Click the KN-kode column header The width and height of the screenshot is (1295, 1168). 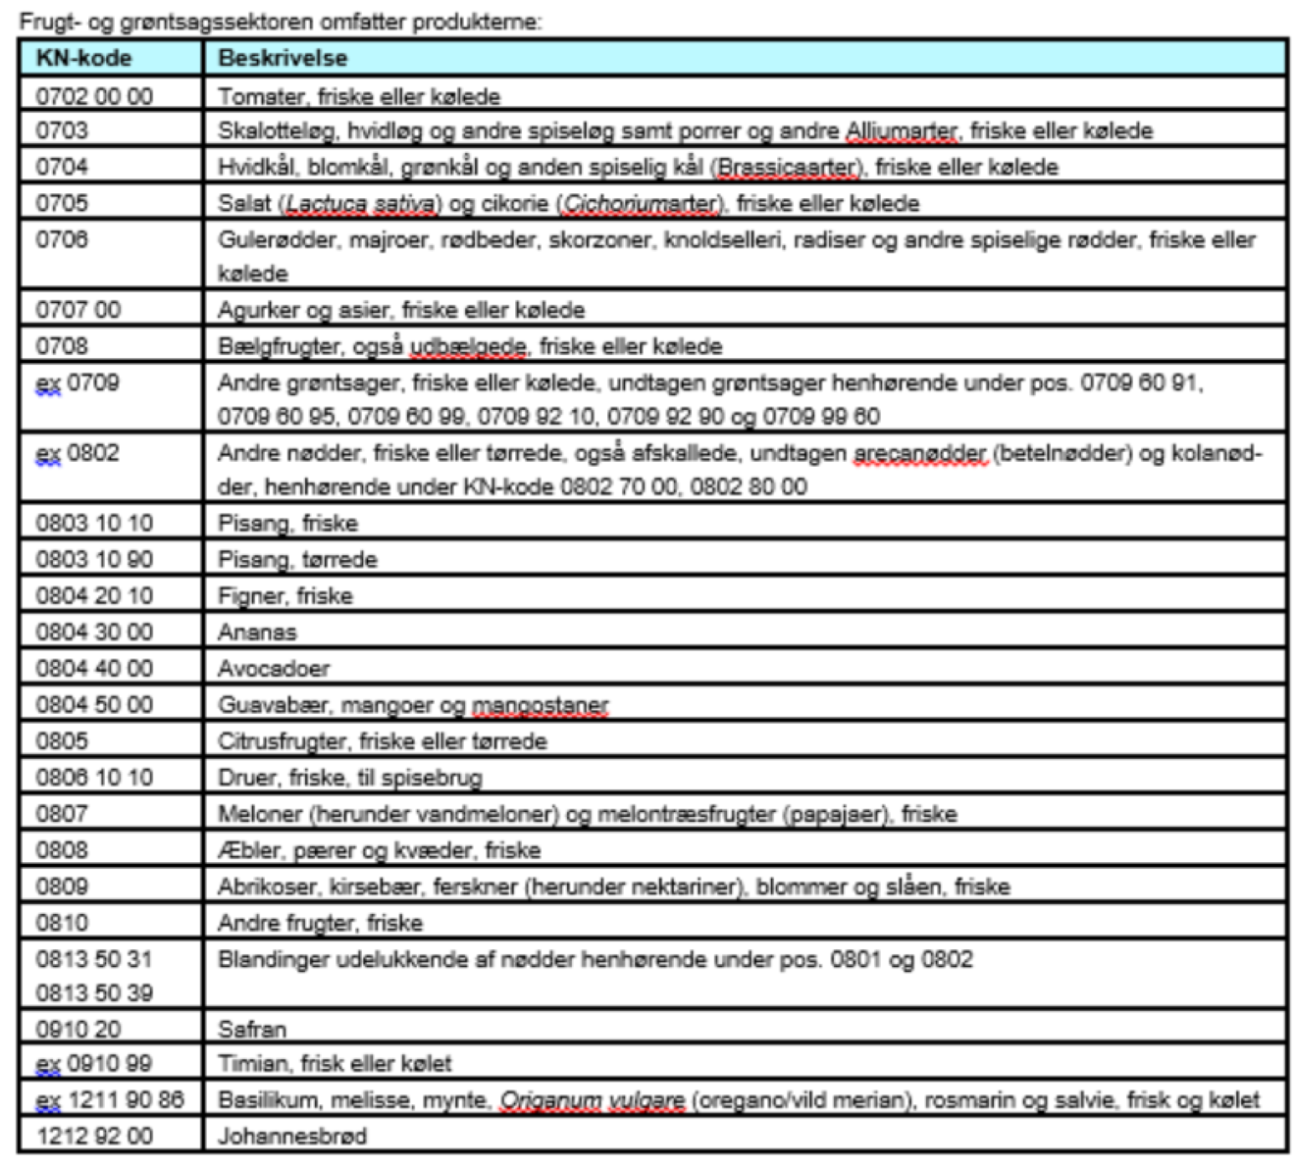tap(83, 58)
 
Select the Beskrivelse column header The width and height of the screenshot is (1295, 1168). tap(283, 58)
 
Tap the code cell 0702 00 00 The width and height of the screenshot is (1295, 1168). tap(94, 96)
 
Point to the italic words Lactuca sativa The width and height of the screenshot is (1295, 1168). tap(360, 204)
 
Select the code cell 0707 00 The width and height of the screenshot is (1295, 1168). tap(78, 310)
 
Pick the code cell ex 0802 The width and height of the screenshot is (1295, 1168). tap(78, 454)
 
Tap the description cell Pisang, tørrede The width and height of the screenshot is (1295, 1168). tap(297, 560)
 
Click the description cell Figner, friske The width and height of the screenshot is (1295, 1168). tap(285, 596)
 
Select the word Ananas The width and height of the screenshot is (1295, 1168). tap(257, 633)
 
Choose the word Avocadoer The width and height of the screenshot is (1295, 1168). tap(274, 669)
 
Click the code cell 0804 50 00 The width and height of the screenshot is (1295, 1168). tap(94, 705)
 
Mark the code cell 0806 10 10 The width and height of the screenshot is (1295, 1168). tap(94, 778)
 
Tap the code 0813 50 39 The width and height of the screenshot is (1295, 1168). tap(94, 993)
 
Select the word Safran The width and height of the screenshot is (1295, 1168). tap(252, 1030)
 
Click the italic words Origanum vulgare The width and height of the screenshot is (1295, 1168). tap(593, 1100)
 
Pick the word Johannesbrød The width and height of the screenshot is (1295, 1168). tap(292, 1137)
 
